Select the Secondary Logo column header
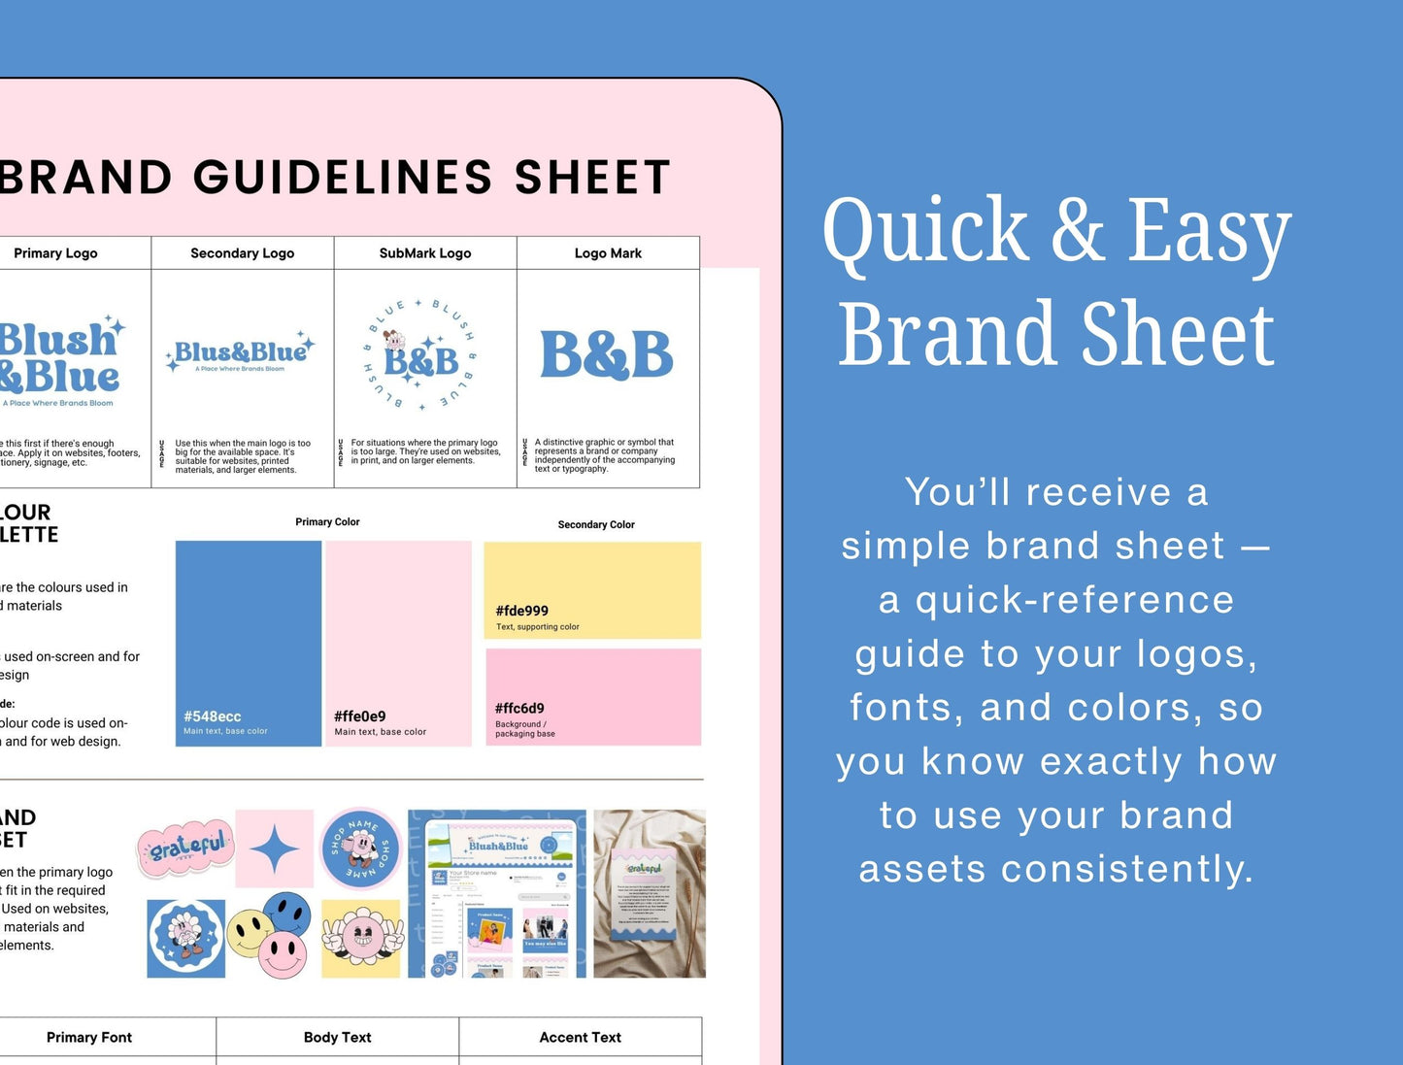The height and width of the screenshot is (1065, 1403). point(242,253)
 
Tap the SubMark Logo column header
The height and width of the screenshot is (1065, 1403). point(425,253)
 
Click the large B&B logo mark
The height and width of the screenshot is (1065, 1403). point(607,355)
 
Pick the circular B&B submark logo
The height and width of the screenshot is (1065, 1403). point(420,355)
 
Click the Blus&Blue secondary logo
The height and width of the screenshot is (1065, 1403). point(241,353)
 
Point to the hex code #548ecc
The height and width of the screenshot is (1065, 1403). point(213,716)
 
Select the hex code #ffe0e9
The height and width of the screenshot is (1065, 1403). point(359,716)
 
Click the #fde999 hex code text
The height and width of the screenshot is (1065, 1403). point(521,611)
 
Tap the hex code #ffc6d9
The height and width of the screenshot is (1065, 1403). point(519,709)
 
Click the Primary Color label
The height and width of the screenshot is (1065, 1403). point(327,522)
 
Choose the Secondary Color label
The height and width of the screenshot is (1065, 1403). point(596,525)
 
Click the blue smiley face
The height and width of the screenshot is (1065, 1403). point(287,914)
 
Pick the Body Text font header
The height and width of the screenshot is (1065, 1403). point(337,1038)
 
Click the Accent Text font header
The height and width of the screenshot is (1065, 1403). point(580,1038)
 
